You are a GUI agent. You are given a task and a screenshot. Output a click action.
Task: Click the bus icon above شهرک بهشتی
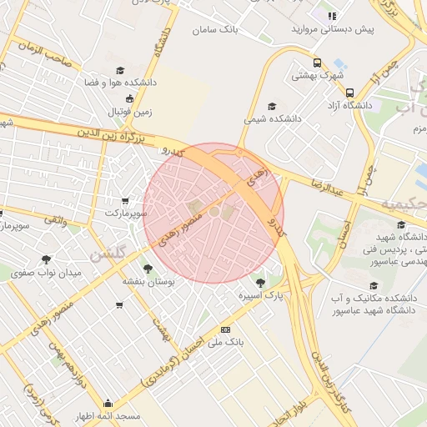(316, 63)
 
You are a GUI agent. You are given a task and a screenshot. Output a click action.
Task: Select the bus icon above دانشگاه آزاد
(349, 93)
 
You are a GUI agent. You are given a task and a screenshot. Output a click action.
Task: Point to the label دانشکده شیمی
(271, 119)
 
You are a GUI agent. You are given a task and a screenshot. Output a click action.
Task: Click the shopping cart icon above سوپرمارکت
(125, 200)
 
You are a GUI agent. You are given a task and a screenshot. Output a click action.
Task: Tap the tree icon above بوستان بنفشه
(148, 269)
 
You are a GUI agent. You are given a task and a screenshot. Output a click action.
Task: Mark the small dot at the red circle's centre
(213, 213)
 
